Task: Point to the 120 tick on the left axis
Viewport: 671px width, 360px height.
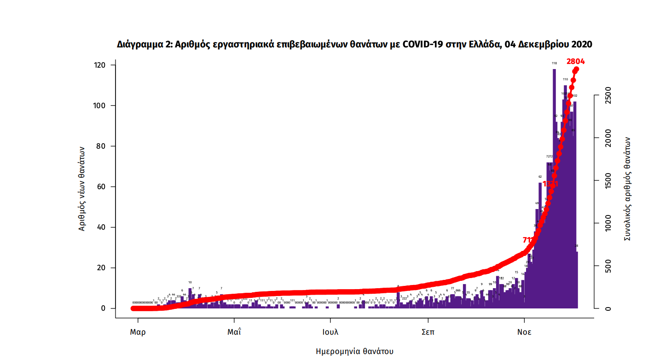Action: (x=100, y=65)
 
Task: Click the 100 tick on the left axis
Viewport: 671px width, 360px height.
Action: (x=100, y=105)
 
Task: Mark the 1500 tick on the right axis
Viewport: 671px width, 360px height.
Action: (x=608, y=180)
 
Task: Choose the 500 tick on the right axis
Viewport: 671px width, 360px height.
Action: (x=608, y=266)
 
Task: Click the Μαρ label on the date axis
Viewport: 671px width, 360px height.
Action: (x=137, y=332)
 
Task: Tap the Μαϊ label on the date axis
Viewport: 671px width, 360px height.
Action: (x=234, y=332)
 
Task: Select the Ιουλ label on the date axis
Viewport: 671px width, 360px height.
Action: (x=330, y=332)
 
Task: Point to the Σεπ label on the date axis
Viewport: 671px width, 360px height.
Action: (x=428, y=332)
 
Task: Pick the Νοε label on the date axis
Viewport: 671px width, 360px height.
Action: (x=524, y=332)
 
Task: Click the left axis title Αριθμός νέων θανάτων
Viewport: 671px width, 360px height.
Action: (x=82, y=188)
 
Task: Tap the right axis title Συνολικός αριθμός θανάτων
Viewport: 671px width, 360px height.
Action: (x=627, y=189)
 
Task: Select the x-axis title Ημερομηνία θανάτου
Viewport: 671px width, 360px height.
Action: (x=354, y=351)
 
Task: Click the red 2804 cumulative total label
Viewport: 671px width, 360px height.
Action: (x=575, y=61)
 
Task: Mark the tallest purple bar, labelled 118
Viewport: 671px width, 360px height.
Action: (x=554, y=184)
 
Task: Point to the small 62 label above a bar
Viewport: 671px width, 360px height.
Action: (x=540, y=176)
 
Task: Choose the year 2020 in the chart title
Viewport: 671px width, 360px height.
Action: (x=581, y=45)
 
